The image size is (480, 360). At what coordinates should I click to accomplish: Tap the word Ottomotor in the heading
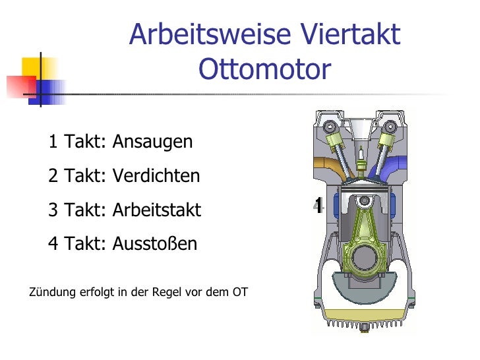[264, 69]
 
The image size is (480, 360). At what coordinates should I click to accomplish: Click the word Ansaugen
[152, 142]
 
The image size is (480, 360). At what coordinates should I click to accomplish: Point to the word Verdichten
[156, 176]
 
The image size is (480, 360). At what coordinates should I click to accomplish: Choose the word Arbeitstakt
[156, 210]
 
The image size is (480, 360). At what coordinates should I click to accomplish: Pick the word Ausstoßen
[154, 244]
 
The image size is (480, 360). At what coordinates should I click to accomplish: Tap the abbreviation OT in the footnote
[240, 291]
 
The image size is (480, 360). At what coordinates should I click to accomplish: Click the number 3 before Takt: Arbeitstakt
[53, 210]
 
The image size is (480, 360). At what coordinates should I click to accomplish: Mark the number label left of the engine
[318, 206]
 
